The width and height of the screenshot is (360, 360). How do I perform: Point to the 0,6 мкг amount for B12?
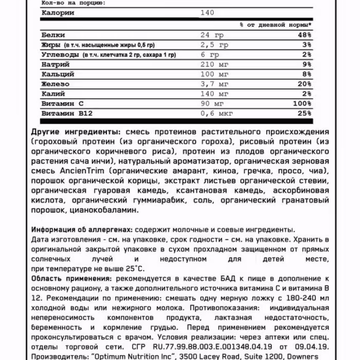215,113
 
